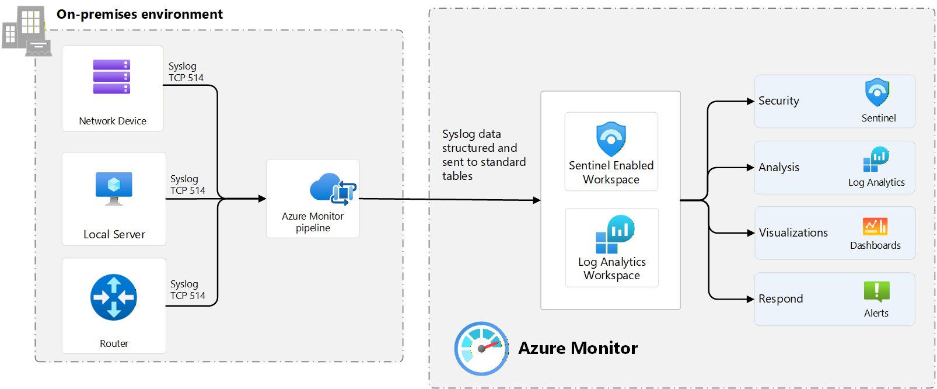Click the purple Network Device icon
click(x=111, y=77)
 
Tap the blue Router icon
click(x=114, y=297)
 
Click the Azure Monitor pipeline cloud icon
click(x=333, y=189)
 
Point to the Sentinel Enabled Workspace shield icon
click(x=611, y=139)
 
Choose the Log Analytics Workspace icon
click(x=614, y=234)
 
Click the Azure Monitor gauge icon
click(x=481, y=349)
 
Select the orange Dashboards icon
click(x=875, y=226)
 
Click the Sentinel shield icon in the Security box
click(x=877, y=92)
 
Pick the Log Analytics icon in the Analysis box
click(x=876, y=159)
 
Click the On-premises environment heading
click(x=139, y=14)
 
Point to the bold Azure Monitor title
click(x=578, y=348)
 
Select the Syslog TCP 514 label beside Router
click(x=188, y=290)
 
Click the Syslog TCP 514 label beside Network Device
click(x=186, y=72)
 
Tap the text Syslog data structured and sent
click(x=484, y=155)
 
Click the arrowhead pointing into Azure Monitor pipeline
click(x=262, y=199)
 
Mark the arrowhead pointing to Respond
click(x=750, y=299)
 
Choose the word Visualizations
click(x=793, y=232)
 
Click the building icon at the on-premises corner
click(x=26, y=31)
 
